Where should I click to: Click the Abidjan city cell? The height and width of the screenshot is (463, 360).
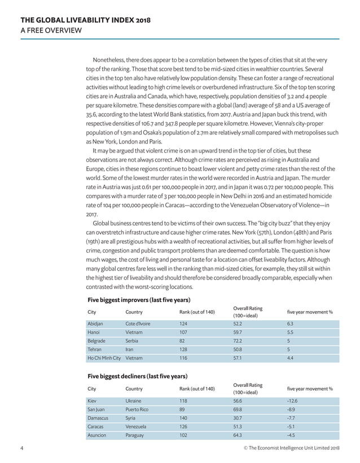[95, 324]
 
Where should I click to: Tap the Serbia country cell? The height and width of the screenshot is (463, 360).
[133, 341]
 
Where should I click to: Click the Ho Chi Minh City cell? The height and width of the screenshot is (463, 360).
[104, 358]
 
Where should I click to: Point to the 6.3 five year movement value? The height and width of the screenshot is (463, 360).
[291, 324]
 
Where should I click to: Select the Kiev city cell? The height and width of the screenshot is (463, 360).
[93, 400]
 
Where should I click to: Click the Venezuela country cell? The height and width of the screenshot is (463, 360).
[136, 426]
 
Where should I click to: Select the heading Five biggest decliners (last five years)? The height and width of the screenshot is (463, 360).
[137, 375]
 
